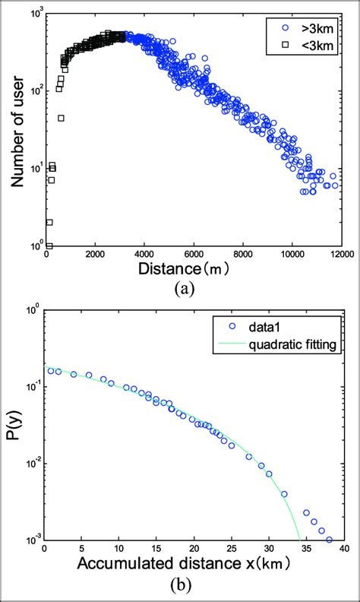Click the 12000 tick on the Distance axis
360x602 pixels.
[342, 256]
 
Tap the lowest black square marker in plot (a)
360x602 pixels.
[49, 246]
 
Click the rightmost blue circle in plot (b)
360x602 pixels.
[329, 540]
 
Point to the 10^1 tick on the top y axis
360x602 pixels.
[35, 168]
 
